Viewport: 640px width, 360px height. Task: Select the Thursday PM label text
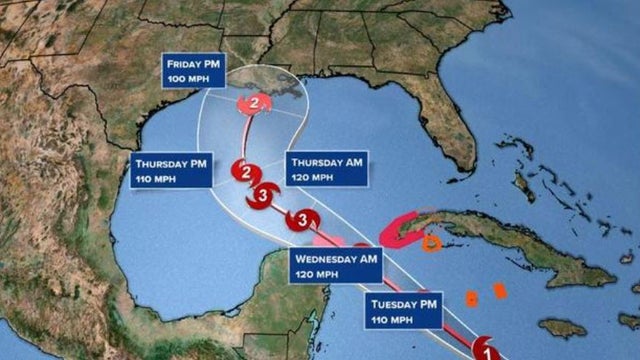(170, 162)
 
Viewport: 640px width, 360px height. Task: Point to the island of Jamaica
(561, 327)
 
